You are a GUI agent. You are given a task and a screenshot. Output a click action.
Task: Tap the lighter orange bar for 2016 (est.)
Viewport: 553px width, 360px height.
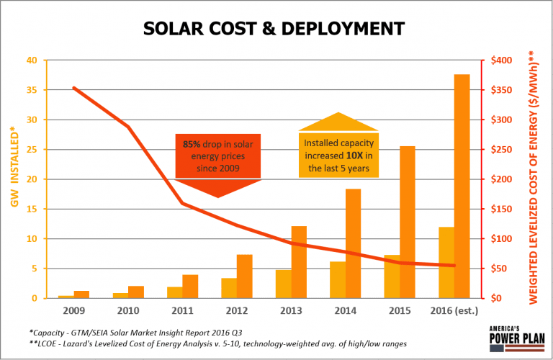point(446,262)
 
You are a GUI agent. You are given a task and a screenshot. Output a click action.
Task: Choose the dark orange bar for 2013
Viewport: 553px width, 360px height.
point(299,262)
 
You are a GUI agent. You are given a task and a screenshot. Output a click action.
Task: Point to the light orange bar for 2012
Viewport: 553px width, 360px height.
point(229,288)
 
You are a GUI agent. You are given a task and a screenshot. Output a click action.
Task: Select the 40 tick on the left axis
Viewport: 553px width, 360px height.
point(31,60)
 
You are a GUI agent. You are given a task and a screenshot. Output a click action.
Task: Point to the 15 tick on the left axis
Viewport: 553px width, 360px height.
point(31,209)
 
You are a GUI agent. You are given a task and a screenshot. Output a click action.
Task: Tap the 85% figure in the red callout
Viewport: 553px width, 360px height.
point(191,145)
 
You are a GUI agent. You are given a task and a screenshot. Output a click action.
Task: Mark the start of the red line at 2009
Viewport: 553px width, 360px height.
point(73,88)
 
